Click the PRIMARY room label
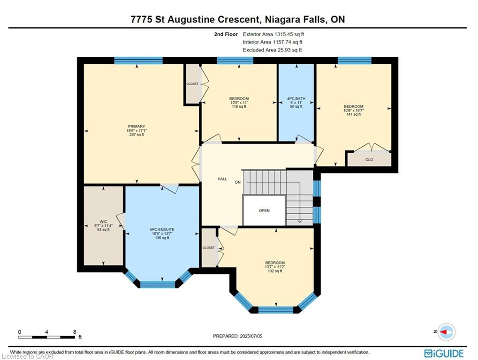(136, 127)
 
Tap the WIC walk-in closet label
(103, 222)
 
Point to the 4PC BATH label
(296, 99)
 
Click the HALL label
(222, 179)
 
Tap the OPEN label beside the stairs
(264, 210)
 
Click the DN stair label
(238, 182)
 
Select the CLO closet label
(369, 159)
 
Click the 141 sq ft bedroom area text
(354, 114)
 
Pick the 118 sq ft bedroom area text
(239, 106)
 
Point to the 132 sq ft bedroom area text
(275, 271)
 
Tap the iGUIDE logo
(444, 353)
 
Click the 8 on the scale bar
(75, 332)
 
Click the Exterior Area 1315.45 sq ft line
(273, 34)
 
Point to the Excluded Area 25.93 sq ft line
(272, 50)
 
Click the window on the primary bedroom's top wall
(138, 60)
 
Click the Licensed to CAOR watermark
(27, 356)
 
